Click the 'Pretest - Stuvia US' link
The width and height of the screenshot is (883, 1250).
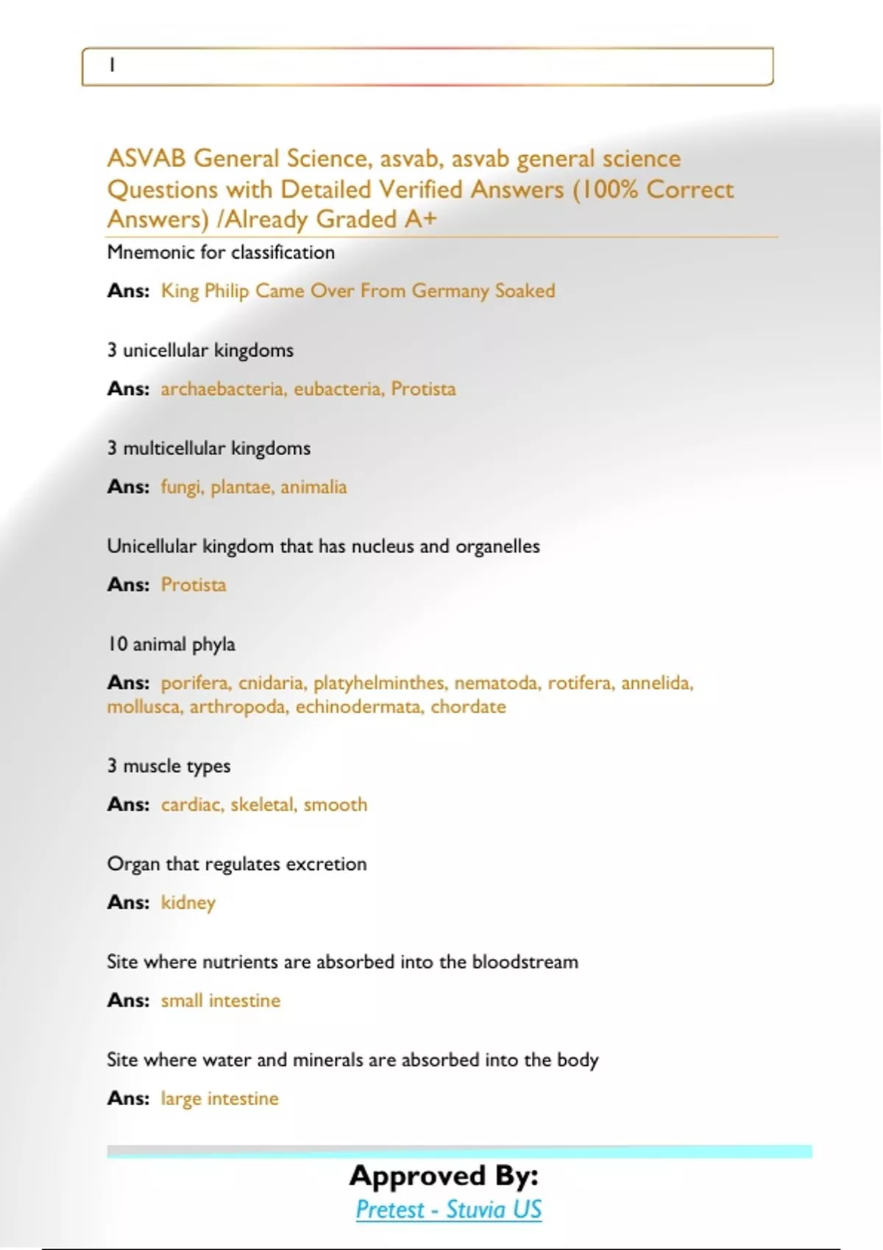(448, 1210)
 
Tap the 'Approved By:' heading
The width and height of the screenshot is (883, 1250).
(444, 1176)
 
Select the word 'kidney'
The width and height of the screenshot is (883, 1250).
(188, 902)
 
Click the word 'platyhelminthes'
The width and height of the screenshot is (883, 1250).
(380, 683)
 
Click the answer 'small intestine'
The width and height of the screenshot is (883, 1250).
(221, 1001)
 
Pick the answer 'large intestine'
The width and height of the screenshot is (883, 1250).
(220, 1099)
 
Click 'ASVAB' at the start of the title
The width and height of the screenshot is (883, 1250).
(146, 159)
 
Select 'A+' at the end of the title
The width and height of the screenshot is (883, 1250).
(420, 219)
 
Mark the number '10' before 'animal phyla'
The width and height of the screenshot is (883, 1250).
(118, 644)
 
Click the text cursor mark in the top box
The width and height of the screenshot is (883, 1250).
(112, 65)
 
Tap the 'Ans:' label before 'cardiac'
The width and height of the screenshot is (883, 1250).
(128, 804)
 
